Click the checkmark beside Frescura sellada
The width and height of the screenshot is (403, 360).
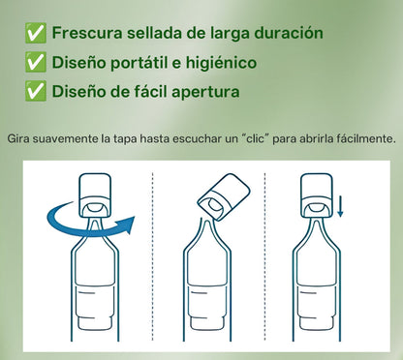pyautogui.click(x=36, y=34)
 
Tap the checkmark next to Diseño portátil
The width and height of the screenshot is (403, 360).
pyautogui.click(x=36, y=64)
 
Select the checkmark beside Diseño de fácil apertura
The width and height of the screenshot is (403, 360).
pyautogui.click(x=36, y=94)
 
